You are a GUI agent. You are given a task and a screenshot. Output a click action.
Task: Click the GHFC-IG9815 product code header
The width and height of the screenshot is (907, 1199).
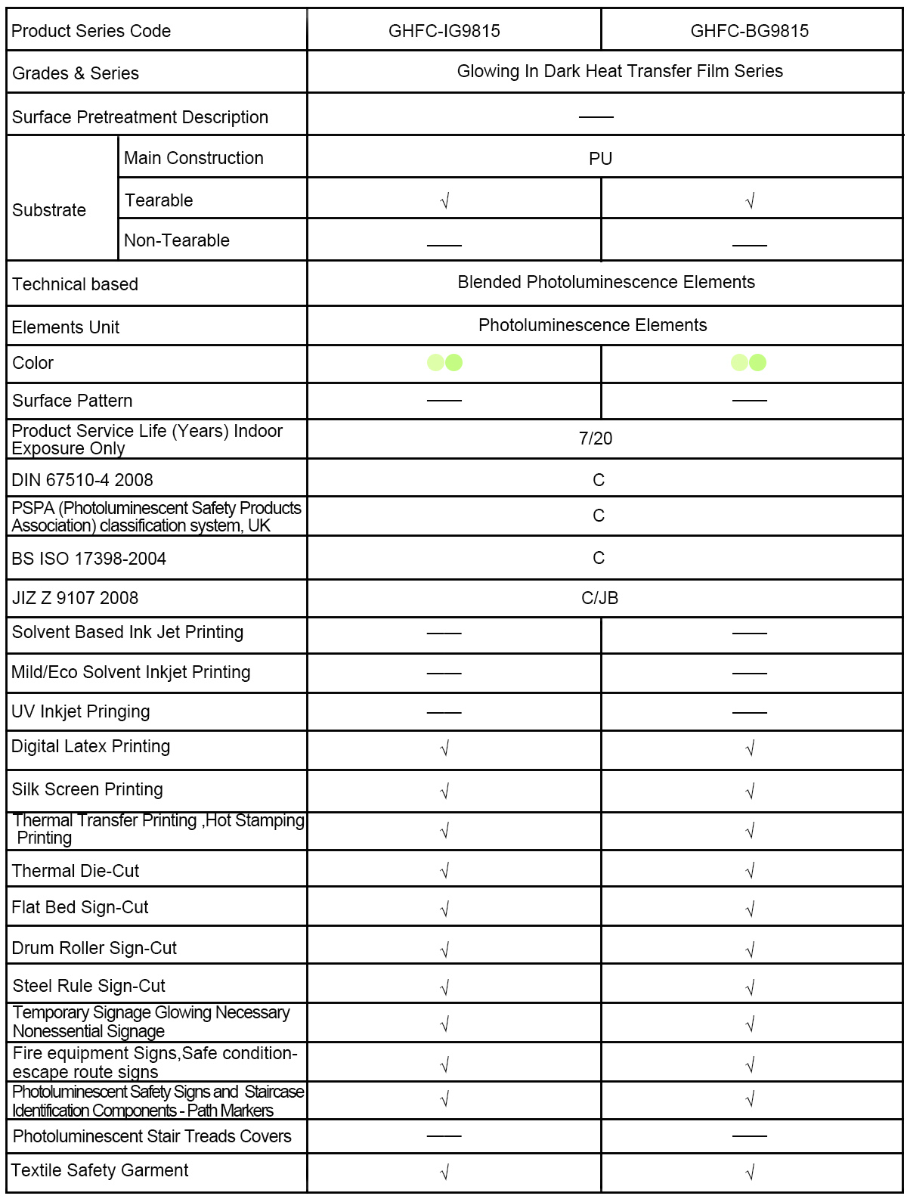pos(444,31)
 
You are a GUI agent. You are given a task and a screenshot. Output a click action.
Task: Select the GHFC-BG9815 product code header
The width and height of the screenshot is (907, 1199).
pos(749,31)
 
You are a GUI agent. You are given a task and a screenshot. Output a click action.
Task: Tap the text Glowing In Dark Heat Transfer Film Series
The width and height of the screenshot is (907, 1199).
pos(620,71)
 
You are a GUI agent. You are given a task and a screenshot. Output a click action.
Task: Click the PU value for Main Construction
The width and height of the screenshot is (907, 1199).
pos(600,159)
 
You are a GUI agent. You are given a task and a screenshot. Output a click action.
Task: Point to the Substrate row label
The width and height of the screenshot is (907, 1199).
pos(49,210)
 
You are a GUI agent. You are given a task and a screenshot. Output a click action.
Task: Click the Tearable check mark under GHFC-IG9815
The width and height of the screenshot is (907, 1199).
pos(444,201)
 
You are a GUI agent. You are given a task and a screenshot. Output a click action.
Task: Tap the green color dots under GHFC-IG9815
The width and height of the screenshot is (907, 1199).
pos(444,363)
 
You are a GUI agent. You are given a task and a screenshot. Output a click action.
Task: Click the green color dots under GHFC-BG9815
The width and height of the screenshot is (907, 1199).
pos(748,363)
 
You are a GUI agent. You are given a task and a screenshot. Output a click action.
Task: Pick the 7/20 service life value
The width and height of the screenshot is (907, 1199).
pos(596,438)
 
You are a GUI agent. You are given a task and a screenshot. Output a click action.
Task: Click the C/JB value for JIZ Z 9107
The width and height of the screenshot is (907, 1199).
pos(599,598)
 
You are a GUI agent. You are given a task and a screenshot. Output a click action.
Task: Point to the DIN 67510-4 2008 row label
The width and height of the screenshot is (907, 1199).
pos(82,480)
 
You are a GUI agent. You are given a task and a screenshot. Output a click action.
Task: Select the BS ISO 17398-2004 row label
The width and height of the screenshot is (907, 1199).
pos(89,559)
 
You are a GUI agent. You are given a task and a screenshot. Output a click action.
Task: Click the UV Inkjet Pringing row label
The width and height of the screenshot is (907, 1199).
pos(81,711)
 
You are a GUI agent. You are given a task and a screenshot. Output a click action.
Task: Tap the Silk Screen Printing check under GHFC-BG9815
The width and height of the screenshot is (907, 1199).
pos(750,792)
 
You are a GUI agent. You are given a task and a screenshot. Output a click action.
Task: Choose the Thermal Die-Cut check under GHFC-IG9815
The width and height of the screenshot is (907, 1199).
pos(444,871)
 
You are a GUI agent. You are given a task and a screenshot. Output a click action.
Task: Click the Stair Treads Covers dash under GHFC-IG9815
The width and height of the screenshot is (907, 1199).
pos(444,1135)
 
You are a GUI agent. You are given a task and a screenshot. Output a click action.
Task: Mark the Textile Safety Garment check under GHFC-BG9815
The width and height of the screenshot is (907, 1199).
pos(750,1173)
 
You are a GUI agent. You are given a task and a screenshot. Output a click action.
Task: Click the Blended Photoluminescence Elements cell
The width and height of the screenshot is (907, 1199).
pos(606,282)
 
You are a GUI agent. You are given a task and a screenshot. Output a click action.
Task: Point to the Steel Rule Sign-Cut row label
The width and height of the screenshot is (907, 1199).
pos(89,986)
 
